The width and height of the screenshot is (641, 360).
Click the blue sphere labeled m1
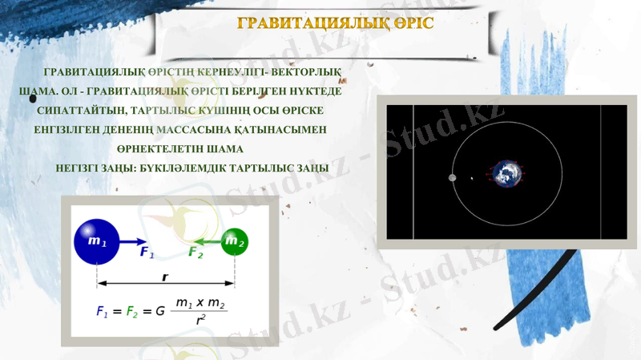click(x=97, y=241)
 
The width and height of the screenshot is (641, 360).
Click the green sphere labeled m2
click(x=234, y=241)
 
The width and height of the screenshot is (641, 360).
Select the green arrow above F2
click(x=205, y=241)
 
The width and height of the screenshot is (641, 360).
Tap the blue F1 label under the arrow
click(x=147, y=253)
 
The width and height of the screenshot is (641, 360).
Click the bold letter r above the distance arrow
click(x=165, y=276)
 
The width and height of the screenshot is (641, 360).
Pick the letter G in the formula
click(x=160, y=309)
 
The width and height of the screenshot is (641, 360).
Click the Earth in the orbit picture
click(x=506, y=174)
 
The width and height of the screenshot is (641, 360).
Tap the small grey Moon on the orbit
click(x=453, y=177)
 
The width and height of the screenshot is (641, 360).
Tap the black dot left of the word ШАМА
click(x=33, y=98)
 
